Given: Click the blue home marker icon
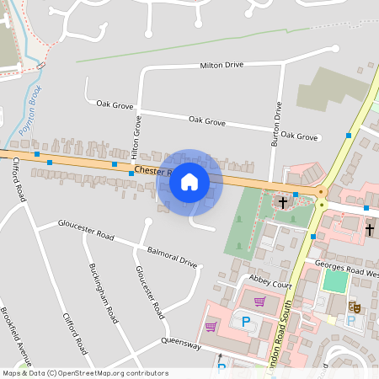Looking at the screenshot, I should coord(189,181).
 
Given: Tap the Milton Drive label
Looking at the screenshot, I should coord(222,65).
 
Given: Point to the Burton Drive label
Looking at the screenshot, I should coord(275,125).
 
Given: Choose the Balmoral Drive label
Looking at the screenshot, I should coord(172,257).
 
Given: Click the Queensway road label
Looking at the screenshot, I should coord(180,344).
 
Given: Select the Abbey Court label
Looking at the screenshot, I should coord(270,286).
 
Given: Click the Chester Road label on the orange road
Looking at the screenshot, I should coord(152,172).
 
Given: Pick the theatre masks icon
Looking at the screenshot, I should coord(355,309).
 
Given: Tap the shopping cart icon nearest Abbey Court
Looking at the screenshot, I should coord(260,301).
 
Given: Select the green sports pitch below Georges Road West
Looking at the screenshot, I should coord(336,280).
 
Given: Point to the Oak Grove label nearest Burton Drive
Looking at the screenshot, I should coord(300,136).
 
